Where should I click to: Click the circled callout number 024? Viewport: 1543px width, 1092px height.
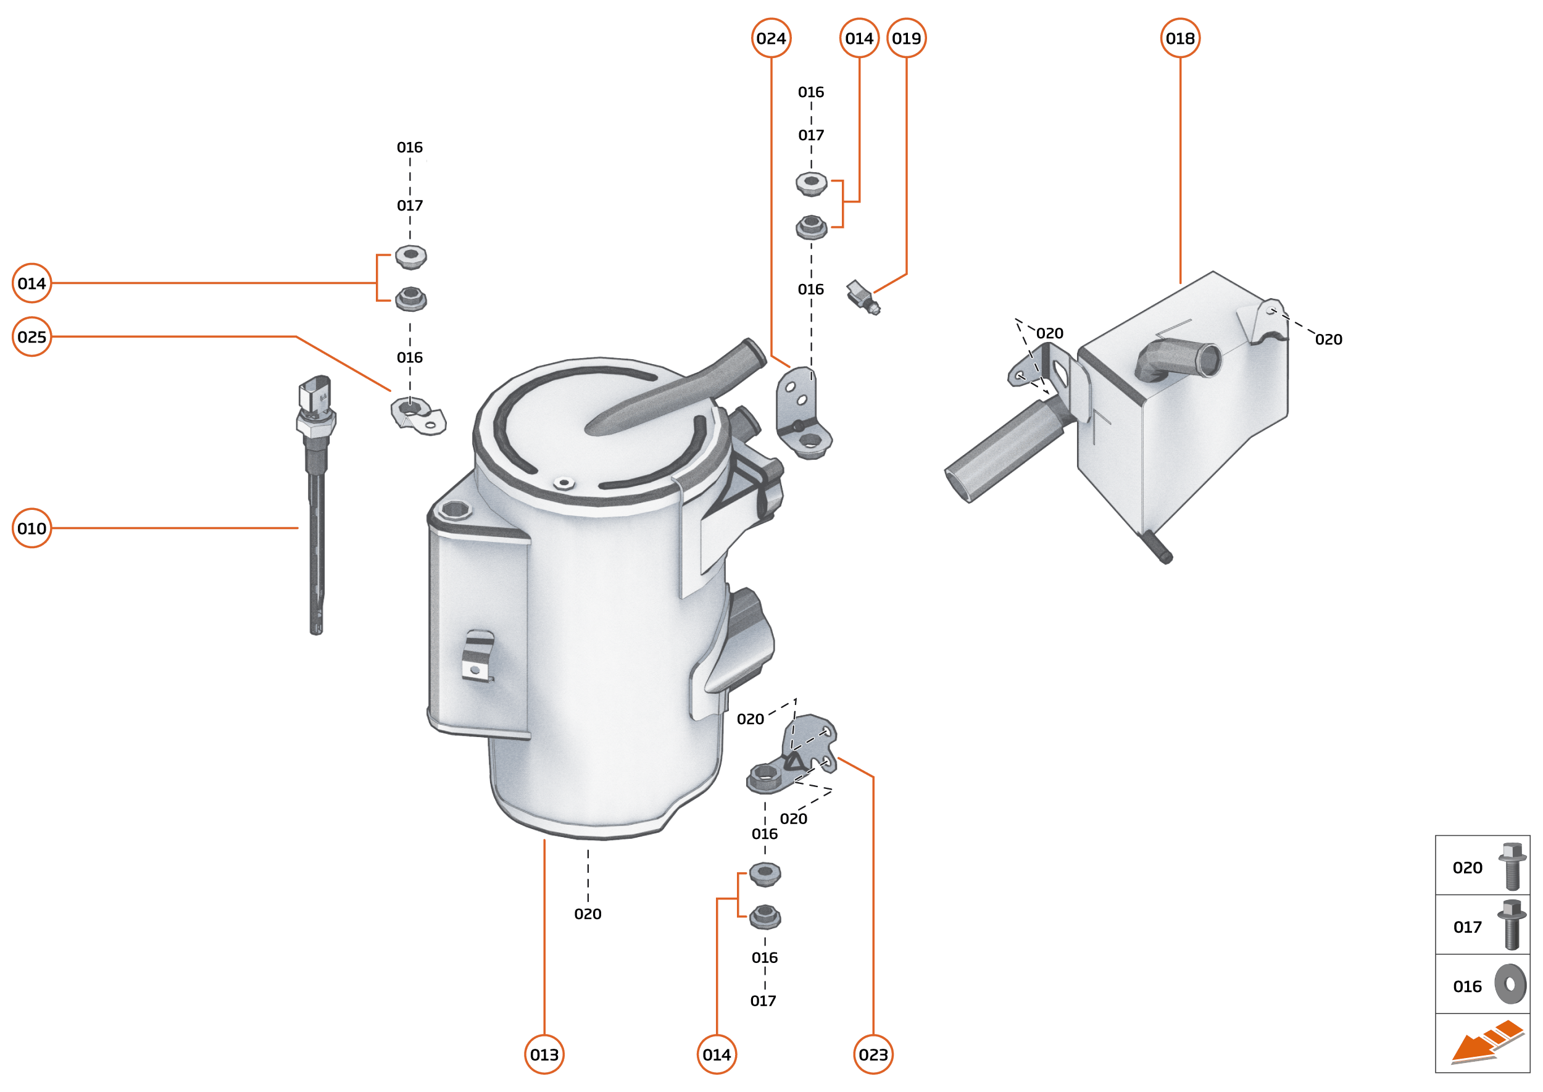pyautogui.click(x=770, y=38)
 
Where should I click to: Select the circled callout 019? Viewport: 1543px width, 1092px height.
pyautogui.click(x=906, y=38)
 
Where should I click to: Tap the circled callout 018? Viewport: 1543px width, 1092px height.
pyautogui.click(x=1180, y=38)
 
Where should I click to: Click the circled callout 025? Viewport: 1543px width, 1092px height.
pyautogui.click(x=31, y=337)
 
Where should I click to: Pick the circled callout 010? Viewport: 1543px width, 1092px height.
pyautogui.click(x=31, y=528)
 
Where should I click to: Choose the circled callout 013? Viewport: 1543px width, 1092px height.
pyautogui.click(x=544, y=1054)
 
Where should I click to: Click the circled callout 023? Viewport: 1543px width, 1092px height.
pyautogui.click(x=873, y=1054)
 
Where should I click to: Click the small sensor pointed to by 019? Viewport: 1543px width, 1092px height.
pyautogui.click(x=863, y=297)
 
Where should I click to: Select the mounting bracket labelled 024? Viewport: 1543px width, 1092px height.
pyautogui.click(x=803, y=414)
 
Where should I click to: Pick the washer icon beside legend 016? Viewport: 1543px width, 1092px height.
pyautogui.click(x=1510, y=985)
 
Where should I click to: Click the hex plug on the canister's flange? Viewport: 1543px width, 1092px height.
pyautogui.click(x=455, y=510)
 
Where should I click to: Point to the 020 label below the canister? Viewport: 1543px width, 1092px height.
pyautogui.click(x=588, y=914)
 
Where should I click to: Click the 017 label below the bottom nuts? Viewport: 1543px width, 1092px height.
pyautogui.click(x=763, y=1001)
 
